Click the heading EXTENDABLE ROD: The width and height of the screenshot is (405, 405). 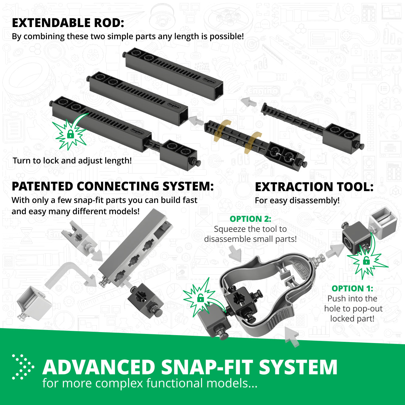pyautogui.click(x=68, y=23)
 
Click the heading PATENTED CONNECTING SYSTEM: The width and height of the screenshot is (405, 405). pyautogui.click(x=113, y=187)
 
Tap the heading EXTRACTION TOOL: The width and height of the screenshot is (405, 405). pyautogui.click(x=314, y=187)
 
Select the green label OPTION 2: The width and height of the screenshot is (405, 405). pyautogui.click(x=250, y=219)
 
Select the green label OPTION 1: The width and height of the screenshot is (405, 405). pyautogui.click(x=352, y=288)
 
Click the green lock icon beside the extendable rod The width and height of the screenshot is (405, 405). pyautogui.click(x=70, y=134)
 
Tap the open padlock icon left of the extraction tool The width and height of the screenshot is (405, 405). pyautogui.click(x=200, y=298)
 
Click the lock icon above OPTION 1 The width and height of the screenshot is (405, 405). pyautogui.click(x=366, y=260)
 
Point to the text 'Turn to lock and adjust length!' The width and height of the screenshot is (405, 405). pyautogui.click(x=72, y=160)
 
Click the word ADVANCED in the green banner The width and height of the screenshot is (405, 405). pyautogui.click(x=99, y=367)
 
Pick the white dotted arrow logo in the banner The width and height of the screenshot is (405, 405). pyautogui.click(x=23, y=367)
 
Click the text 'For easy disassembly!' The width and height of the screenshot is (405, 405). pyautogui.click(x=297, y=201)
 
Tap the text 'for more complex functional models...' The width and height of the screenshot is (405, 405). pyautogui.click(x=150, y=383)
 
